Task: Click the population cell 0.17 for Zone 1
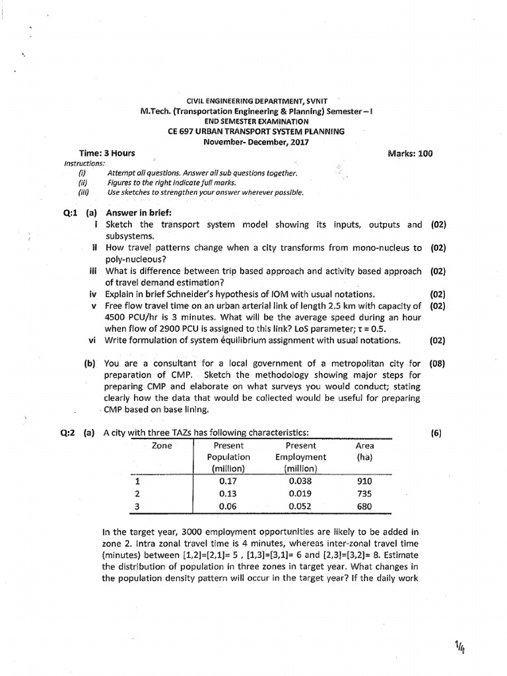(228, 481)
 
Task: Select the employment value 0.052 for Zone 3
(300, 506)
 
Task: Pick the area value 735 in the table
(364, 494)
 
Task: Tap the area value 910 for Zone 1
(364, 481)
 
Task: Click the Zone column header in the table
(162, 446)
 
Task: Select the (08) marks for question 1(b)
(438, 363)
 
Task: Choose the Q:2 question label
(69, 433)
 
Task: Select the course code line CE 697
(256, 131)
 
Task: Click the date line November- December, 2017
(256, 141)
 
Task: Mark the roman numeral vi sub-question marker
(92, 341)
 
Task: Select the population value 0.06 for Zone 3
(228, 506)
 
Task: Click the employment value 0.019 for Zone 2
(300, 494)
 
